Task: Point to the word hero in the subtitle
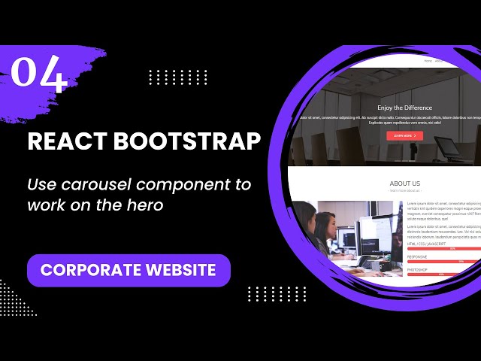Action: [145, 205]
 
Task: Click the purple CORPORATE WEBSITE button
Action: [129, 270]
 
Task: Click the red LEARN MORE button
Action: [404, 135]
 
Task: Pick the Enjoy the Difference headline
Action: [404, 108]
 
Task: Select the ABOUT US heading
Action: [404, 184]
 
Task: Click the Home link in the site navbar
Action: [428, 60]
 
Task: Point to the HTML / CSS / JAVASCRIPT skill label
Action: [426, 244]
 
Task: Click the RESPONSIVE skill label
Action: [418, 256]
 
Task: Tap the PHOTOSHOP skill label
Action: [418, 268]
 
